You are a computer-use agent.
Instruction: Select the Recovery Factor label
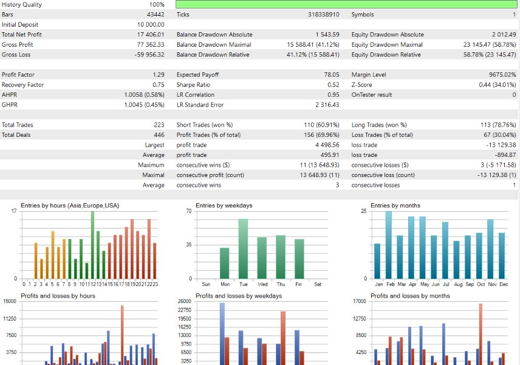23,85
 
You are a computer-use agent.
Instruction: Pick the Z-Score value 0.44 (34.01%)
493,85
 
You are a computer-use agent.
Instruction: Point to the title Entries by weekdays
224,206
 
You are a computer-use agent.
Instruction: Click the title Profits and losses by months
410,296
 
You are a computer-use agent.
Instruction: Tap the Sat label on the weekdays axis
318,284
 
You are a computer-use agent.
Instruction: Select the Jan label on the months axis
378,284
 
